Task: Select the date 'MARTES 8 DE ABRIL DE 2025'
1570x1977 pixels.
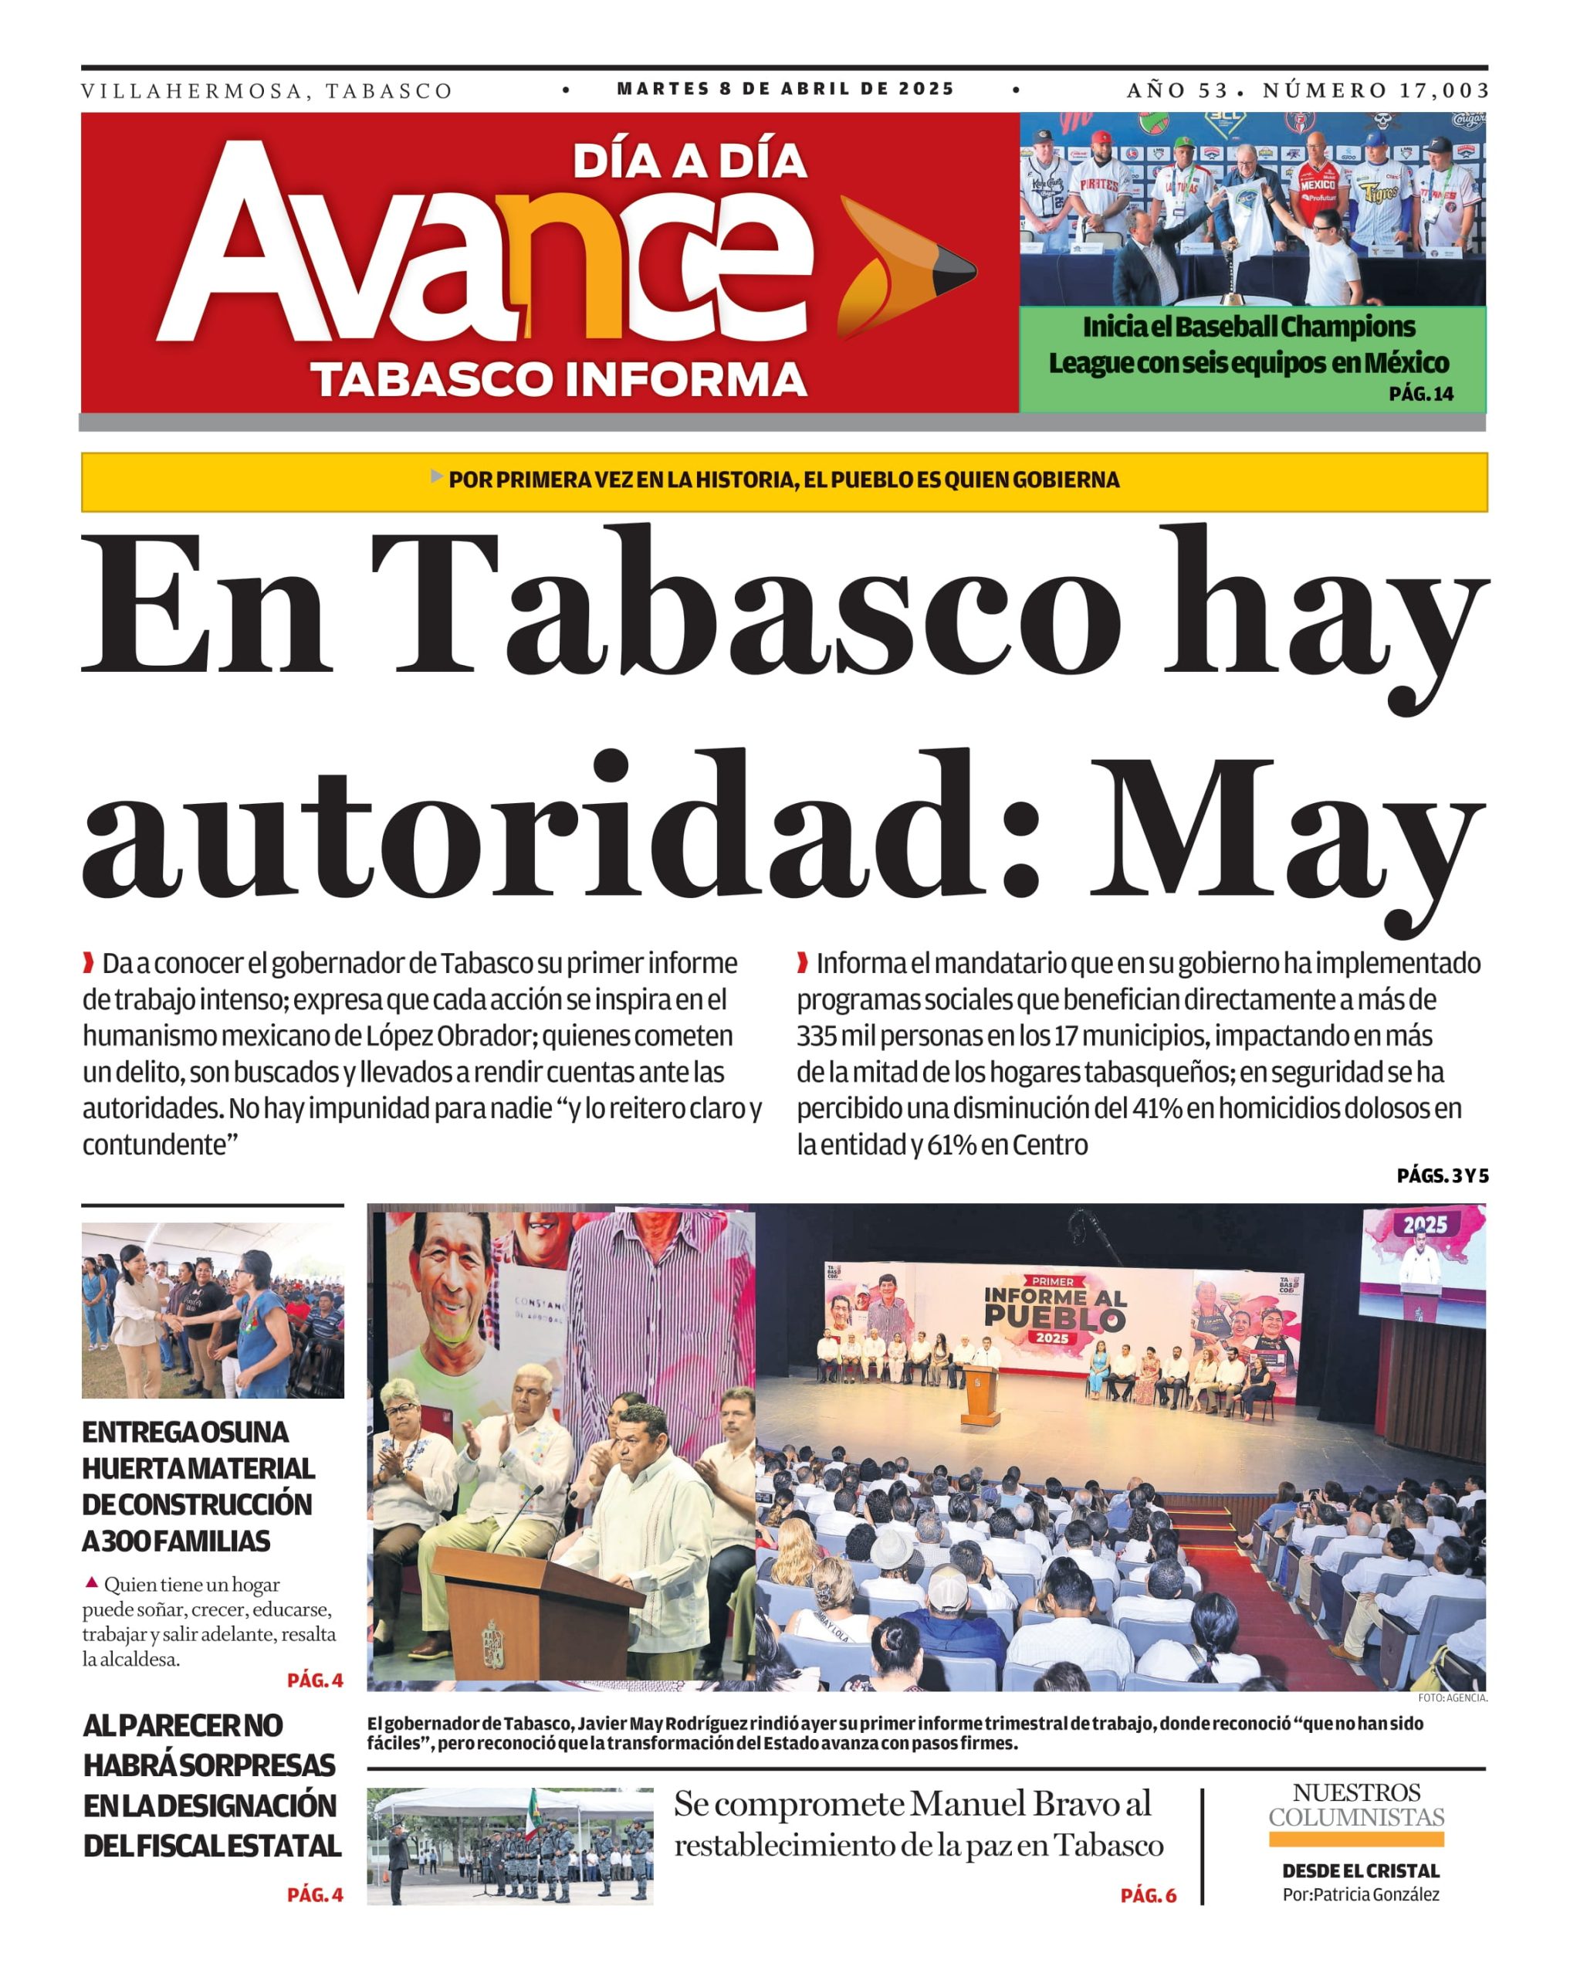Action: point(786,89)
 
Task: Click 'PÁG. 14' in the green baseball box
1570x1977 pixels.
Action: point(1420,395)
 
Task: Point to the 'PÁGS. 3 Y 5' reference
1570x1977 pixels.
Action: point(1442,1175)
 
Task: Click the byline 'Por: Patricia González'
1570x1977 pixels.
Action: point(1360,1894)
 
